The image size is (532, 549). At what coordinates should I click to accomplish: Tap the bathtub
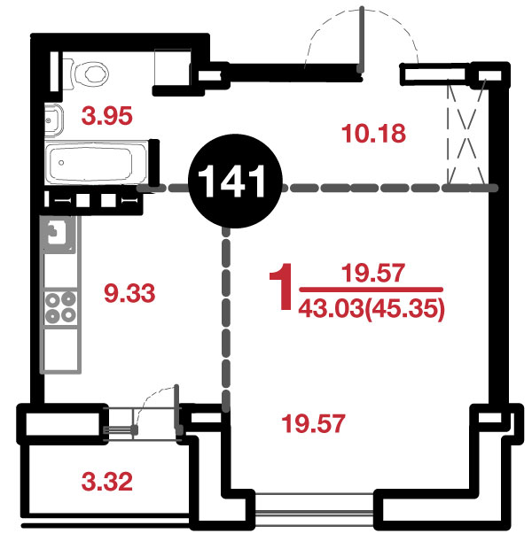pos(96,162)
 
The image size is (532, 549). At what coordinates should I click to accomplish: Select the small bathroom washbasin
pos(54,120)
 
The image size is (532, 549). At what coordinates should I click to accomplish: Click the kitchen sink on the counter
pos(59,234)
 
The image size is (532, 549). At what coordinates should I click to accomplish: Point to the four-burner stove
pos(60,308)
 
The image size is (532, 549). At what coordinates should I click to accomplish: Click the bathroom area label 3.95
pos(107,116)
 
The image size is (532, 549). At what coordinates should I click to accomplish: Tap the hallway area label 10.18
pos(373,134)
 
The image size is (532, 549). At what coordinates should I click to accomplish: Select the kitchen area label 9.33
pos(129,293)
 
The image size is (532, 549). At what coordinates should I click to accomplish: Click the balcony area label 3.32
pos(107,482)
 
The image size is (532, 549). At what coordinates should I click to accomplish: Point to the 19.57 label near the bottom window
pos(313,423)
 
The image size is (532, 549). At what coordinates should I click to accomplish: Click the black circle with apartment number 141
pos(235,181)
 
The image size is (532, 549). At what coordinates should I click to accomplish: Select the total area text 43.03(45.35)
pos(372,309)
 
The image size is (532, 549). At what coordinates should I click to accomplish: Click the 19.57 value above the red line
pos(373,273)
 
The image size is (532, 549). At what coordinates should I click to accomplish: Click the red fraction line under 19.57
pos(372,290)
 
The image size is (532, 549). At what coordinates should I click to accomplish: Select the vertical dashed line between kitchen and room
pos(226,318)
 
